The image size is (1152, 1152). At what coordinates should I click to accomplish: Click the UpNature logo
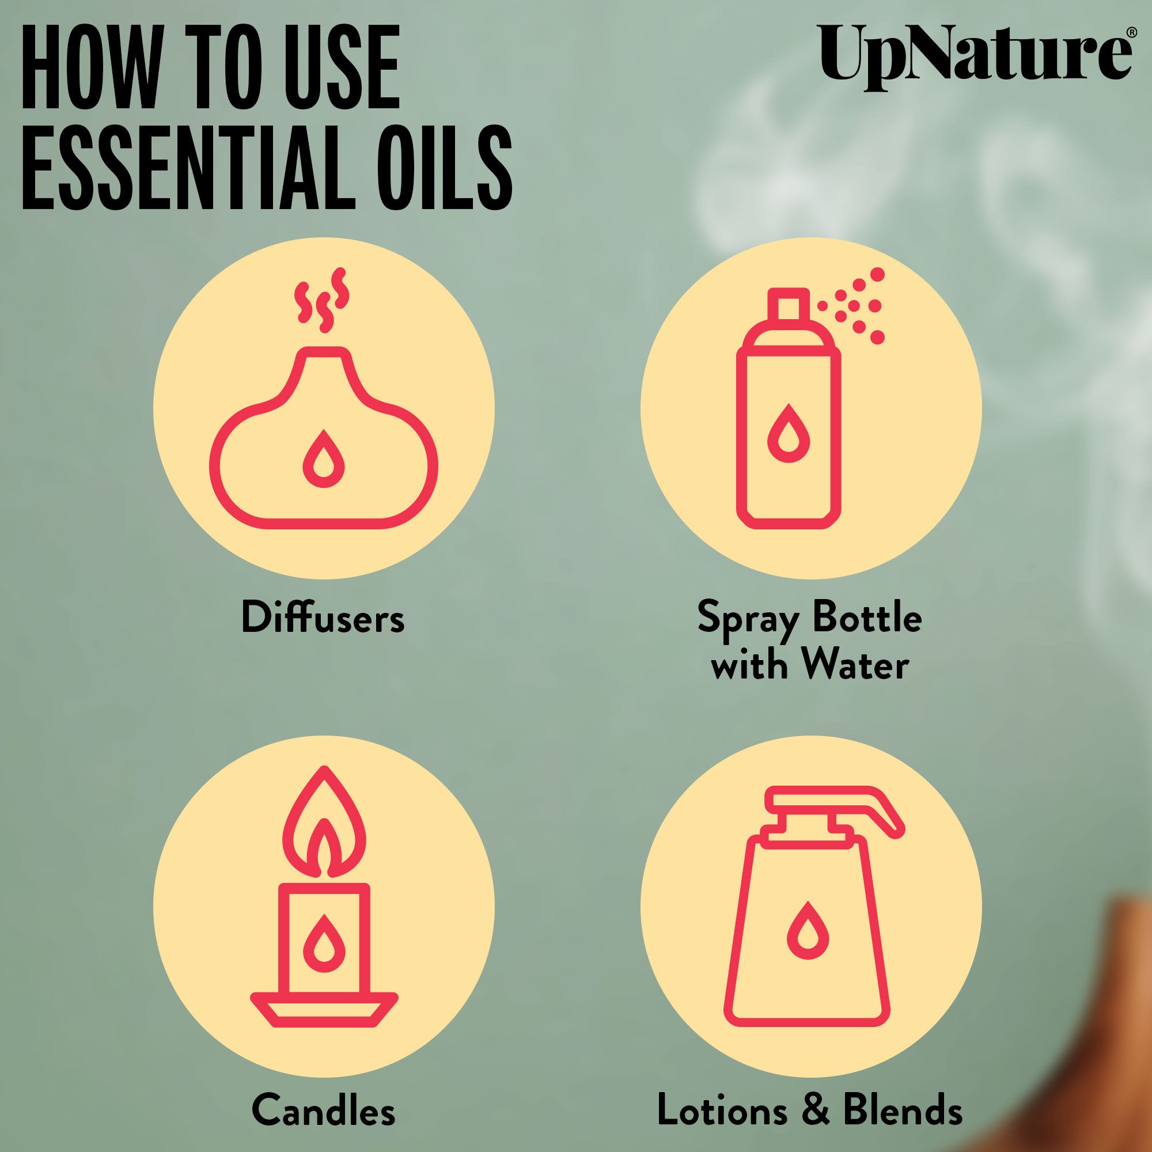tap(976, 60)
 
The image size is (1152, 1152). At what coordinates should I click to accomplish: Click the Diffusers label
tap(323, 618)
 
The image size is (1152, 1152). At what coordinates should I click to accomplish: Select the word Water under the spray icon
tap(859, 665)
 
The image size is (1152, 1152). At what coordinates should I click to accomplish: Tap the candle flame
tap(324, 824)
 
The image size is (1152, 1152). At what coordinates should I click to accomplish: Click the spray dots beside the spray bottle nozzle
tap(852, 306)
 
